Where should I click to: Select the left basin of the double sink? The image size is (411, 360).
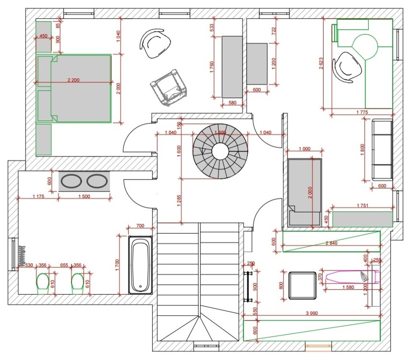72,182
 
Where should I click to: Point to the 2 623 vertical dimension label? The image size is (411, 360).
321,62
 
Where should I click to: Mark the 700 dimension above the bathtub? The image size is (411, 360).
140,226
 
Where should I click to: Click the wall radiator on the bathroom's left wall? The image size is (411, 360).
21,254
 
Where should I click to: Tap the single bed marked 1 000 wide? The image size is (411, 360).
304,192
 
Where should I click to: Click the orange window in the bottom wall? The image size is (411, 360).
318,345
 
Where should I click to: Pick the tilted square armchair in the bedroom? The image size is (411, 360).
168,87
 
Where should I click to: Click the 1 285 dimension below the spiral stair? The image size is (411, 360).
179,201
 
